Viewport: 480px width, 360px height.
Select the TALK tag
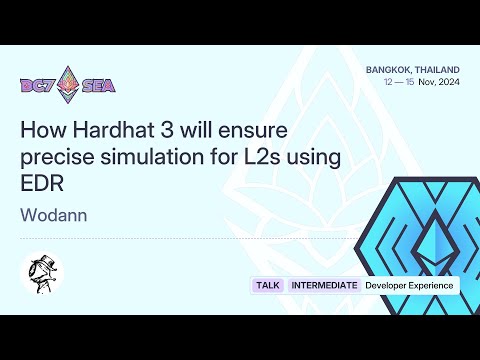tap(267, 286)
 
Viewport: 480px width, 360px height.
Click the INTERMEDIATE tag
tap(324, 286)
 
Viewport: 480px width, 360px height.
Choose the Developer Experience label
tap(409, 286)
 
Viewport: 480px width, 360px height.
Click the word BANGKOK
tap(388, 69)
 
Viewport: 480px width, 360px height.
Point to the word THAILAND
tap(437, 69)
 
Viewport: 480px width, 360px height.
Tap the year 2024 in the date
tap(448, 82)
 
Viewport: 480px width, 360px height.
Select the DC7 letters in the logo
tap(39, 86)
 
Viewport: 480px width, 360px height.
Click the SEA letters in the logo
tap(98, 86)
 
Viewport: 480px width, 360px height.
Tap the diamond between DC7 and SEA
tap(69, 85)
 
